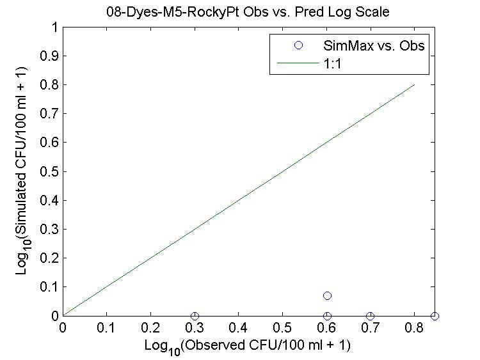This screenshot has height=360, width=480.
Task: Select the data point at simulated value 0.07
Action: pyautogui.click(x=327, y=295)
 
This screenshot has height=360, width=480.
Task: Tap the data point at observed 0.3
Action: pyautogui.click(x=195, y=316)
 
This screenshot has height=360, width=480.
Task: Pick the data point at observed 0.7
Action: pyautogui.click(x=371, y=316)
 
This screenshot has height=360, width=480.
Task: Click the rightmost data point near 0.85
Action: pyautogui.click(x=435, y=316)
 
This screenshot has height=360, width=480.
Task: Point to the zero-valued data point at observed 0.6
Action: pyautogui.click(x=327, y=316)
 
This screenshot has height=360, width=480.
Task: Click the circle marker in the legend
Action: pyautogui.click(x=297, y=46)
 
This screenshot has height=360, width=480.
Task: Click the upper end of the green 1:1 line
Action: pyautogui.click(x=415, y=85)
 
